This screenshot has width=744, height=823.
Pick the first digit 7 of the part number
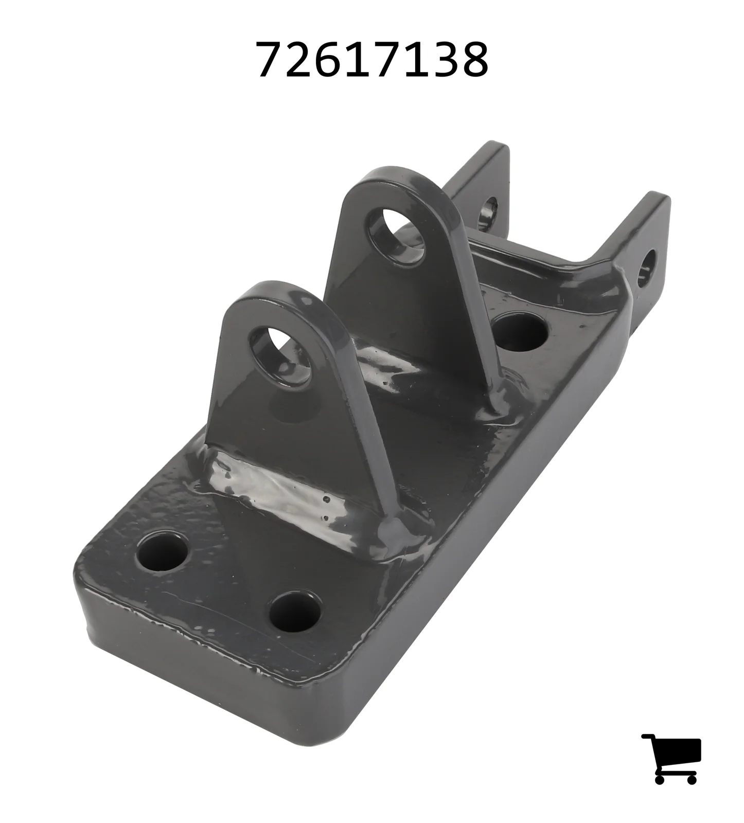(271, 60)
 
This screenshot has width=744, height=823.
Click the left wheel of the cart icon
(661, 778)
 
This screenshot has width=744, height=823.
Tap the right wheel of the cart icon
(691, 778)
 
